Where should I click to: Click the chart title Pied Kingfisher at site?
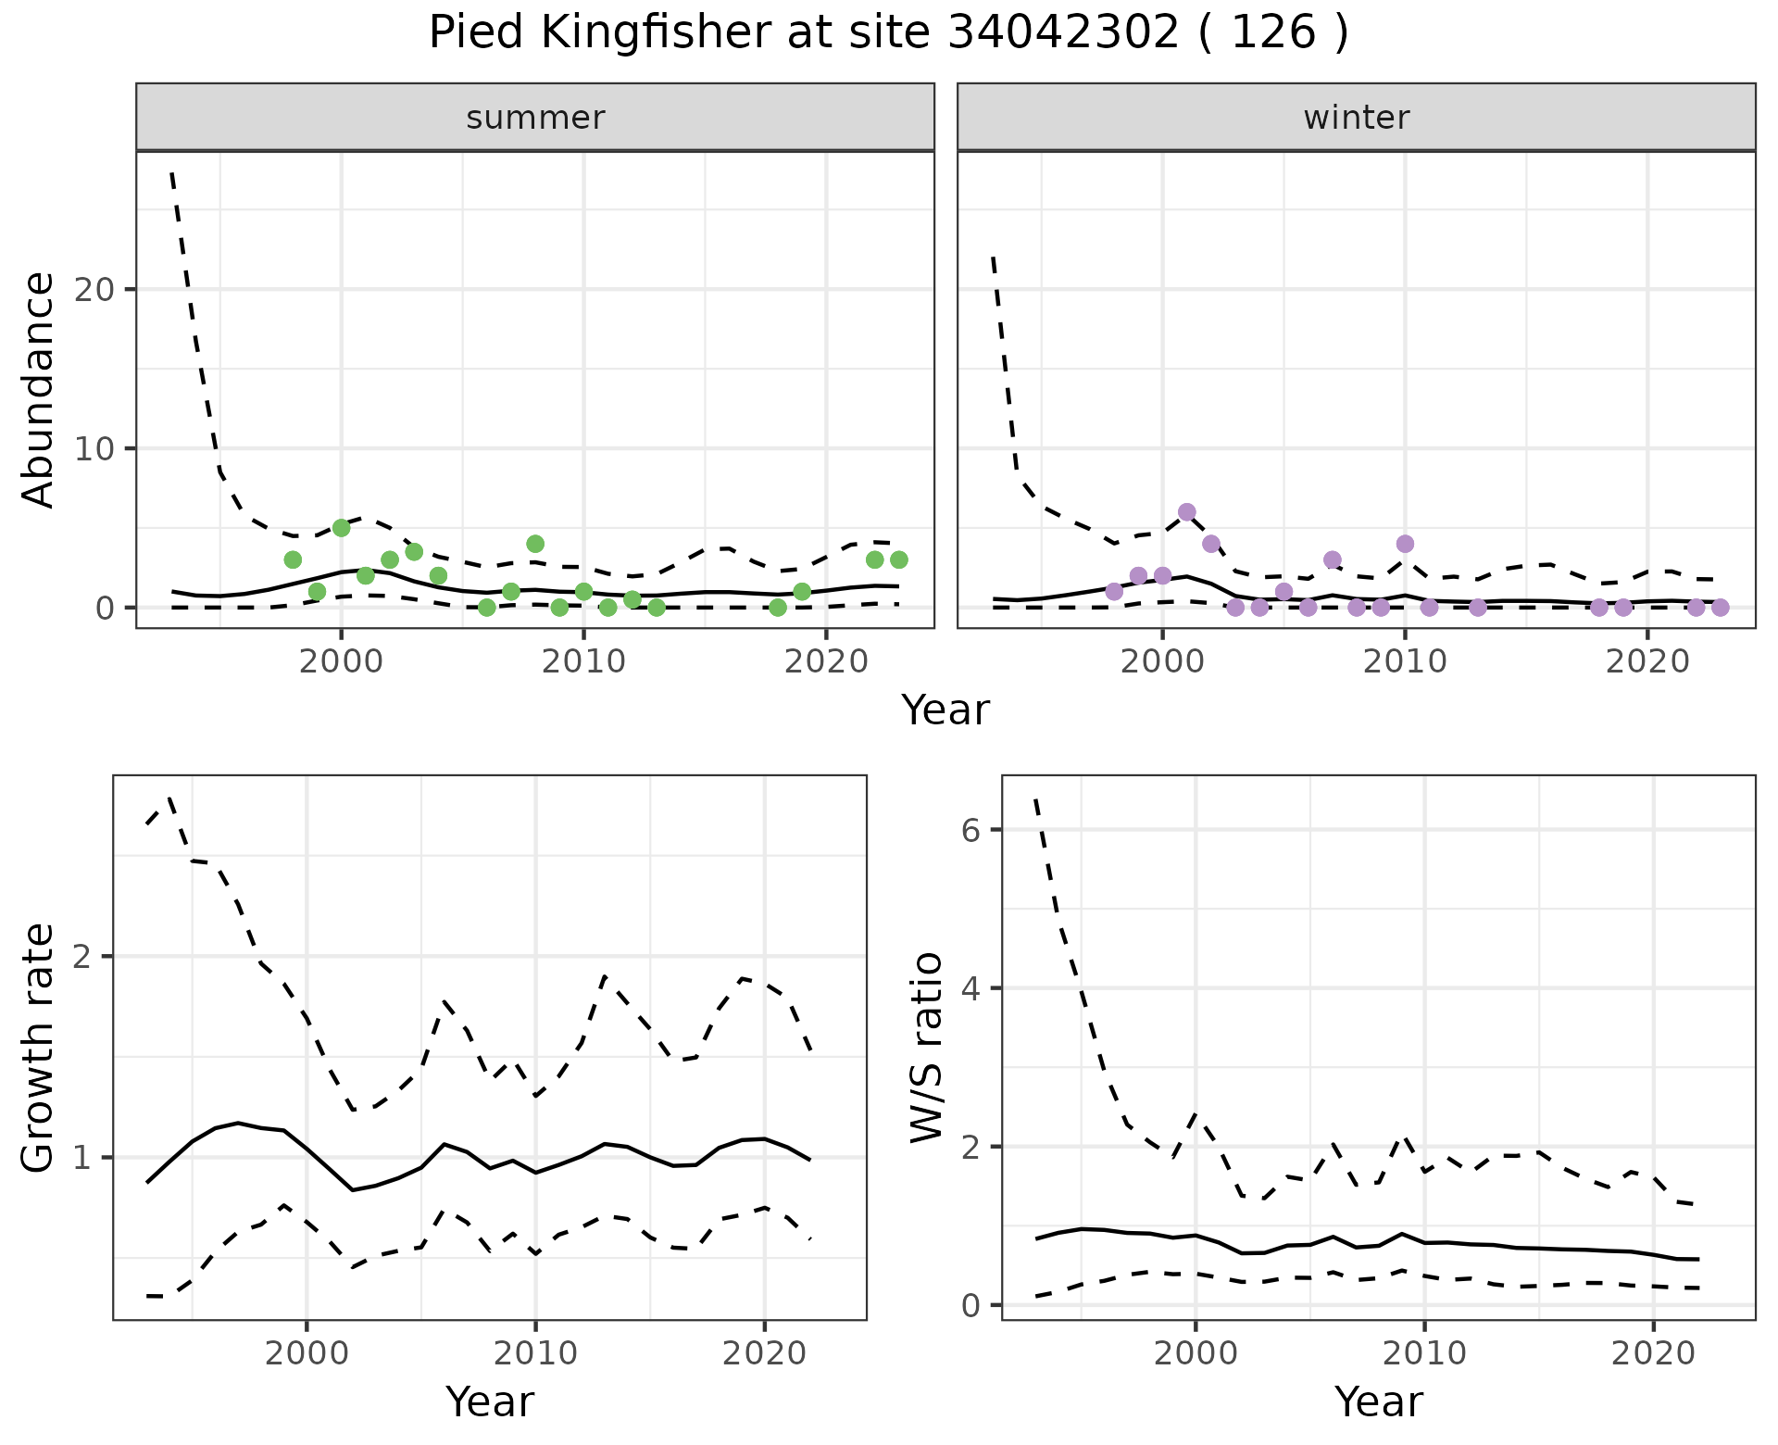[888, 34]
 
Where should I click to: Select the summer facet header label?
[535, 118]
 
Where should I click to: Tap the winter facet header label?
[1356, 118]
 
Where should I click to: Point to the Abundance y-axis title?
[39, 390]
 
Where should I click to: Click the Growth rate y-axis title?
[39, 1048]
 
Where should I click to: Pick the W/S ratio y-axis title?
[926, 1048]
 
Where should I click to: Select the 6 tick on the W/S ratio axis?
[970, 830]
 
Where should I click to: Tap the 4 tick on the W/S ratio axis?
[970, 988]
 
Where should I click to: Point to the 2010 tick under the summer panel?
[583, 661]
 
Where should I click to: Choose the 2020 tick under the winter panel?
[1647, 661]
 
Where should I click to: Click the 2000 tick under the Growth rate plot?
[307, 1353]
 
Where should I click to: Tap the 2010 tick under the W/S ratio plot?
[1424, 1353]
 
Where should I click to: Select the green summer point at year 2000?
[341, 528]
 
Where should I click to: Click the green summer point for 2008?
[535, 544]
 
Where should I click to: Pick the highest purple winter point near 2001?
[1186, 512]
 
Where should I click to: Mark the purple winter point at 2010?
[1405, 544]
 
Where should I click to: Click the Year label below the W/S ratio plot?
[1378, 1402]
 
